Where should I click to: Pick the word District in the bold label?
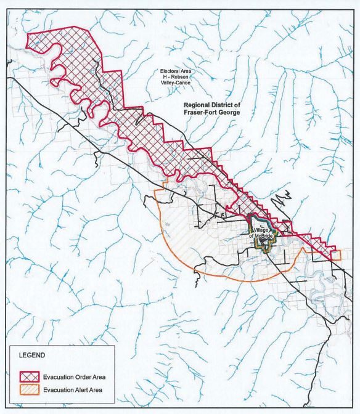click(230, 105)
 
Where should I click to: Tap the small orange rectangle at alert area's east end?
click(335, 254)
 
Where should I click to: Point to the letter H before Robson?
click(163, 79)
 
